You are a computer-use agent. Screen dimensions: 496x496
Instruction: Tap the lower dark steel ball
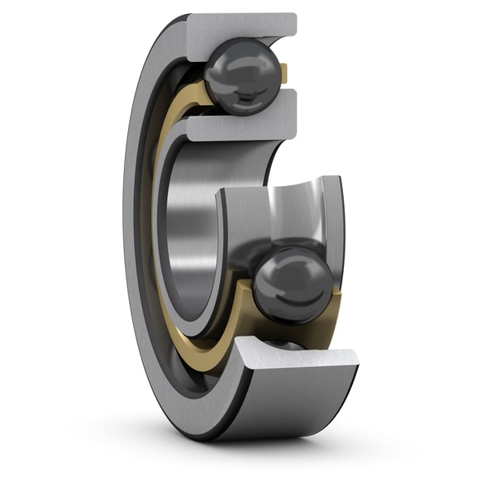coord(293,284)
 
